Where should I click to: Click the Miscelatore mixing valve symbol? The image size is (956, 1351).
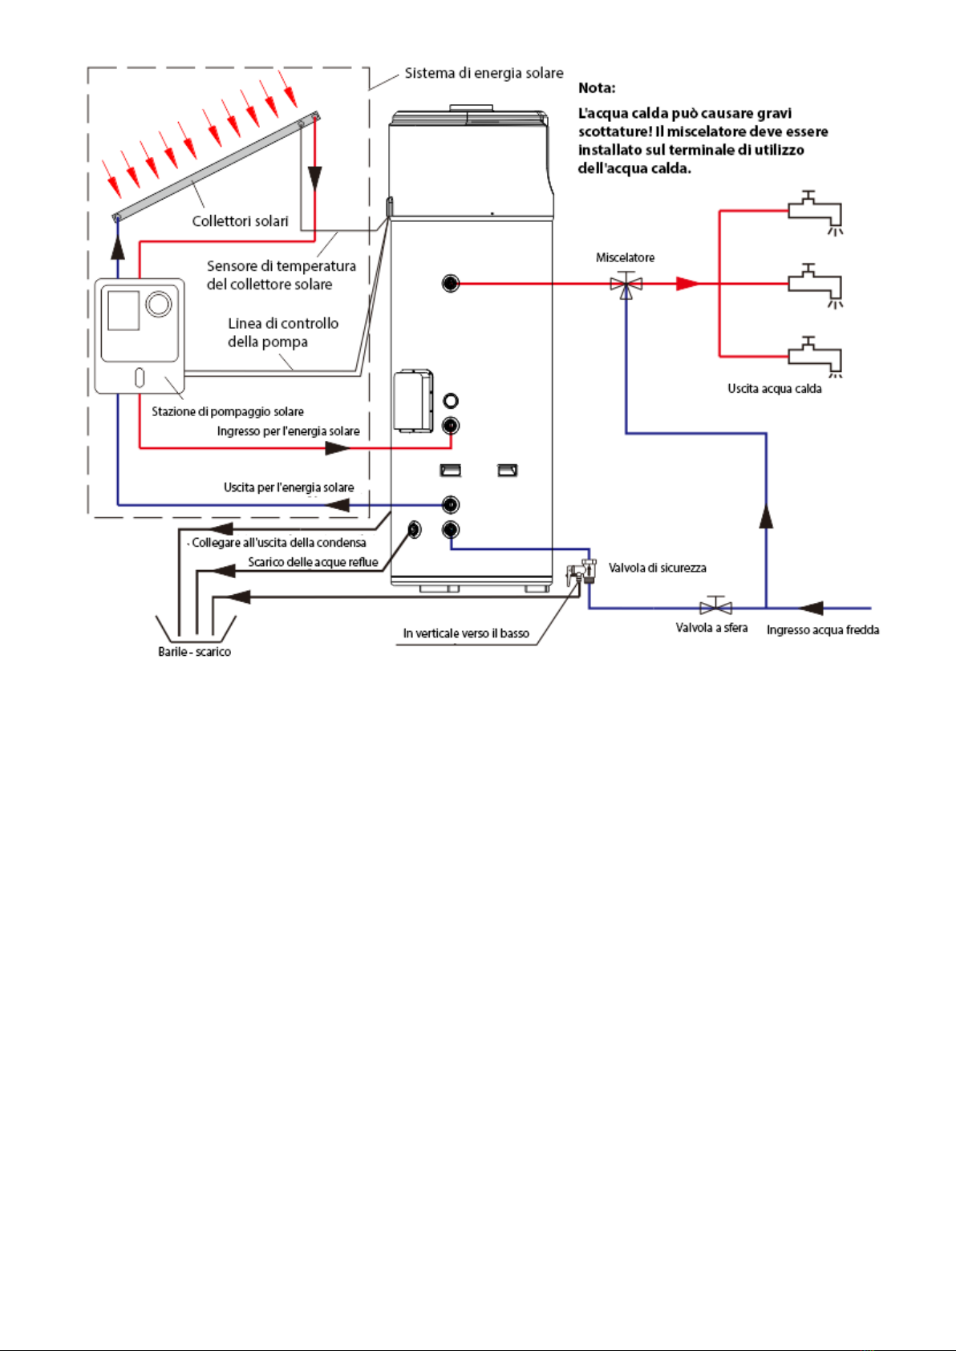pyautogui.click(x=626, y=284)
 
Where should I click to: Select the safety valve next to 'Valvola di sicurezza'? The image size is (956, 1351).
pyautogui.click(x=581, y=572)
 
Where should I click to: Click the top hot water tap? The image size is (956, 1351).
pyautogui.click(x=815, y=213)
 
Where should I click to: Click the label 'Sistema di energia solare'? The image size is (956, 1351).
pyautogui.click(x=484, y=73)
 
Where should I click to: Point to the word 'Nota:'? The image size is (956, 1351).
pyautogui.click(x=597, y=88)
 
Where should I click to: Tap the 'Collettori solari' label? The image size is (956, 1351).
pyautogui.click(x=240, y=221)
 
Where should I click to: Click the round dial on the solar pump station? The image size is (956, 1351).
pyautogui.click(x=159, y=304)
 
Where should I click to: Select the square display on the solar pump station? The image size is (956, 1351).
pyautogui.click(x=124, y=310)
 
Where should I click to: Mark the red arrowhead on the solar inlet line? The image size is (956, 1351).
pyautogui.click(x=338, y=448)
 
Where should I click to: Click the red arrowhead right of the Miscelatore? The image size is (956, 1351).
pyautogui.click(x=687, y=284)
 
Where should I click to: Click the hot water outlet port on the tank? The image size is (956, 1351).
pyautogui.click(x=450, y=283)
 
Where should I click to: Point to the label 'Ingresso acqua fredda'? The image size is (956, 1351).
pyautogui.click(x=823, y=630)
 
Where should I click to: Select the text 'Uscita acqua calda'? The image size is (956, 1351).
pyautogui.click(x=775, y=389)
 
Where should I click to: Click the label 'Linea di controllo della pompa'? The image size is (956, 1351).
pyautogui.click(x=283, y=332)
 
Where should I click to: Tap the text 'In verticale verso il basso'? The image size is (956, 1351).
pyautogui.click(x=466, y=633)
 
